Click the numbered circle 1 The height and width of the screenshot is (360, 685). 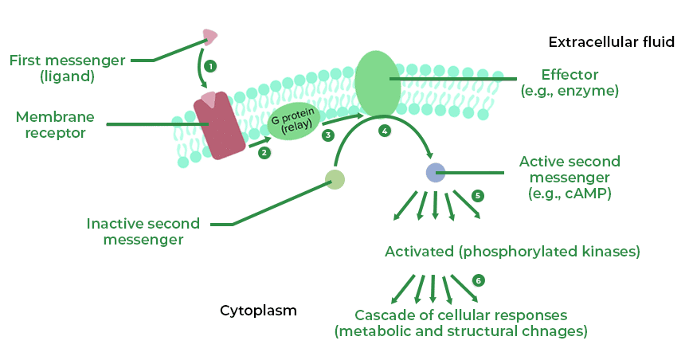[x=209, y=66]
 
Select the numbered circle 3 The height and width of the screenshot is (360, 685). [x=327, y=135]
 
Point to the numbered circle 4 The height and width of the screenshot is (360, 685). [x=386, y=130]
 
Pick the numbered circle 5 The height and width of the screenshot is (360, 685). [x=478, y=195]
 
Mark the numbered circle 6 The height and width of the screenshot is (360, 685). [x=478, y=280]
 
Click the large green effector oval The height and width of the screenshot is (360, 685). [x=378, y=82]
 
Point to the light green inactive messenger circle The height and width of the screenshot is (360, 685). [x=335, y=179]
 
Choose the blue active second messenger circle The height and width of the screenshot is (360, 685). [x=435, y=172]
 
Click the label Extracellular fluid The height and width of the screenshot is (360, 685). [x=612, y=41]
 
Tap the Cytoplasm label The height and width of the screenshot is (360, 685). [x=258, y=311]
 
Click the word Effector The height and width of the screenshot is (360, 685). [x=570, y=75]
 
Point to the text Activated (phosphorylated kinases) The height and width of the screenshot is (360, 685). [x=512, y=252]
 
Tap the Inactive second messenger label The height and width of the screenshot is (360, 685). [x=143, y=231]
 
